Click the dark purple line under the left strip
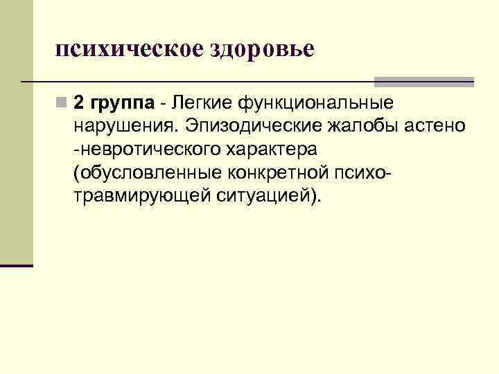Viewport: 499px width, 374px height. [17, 265]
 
